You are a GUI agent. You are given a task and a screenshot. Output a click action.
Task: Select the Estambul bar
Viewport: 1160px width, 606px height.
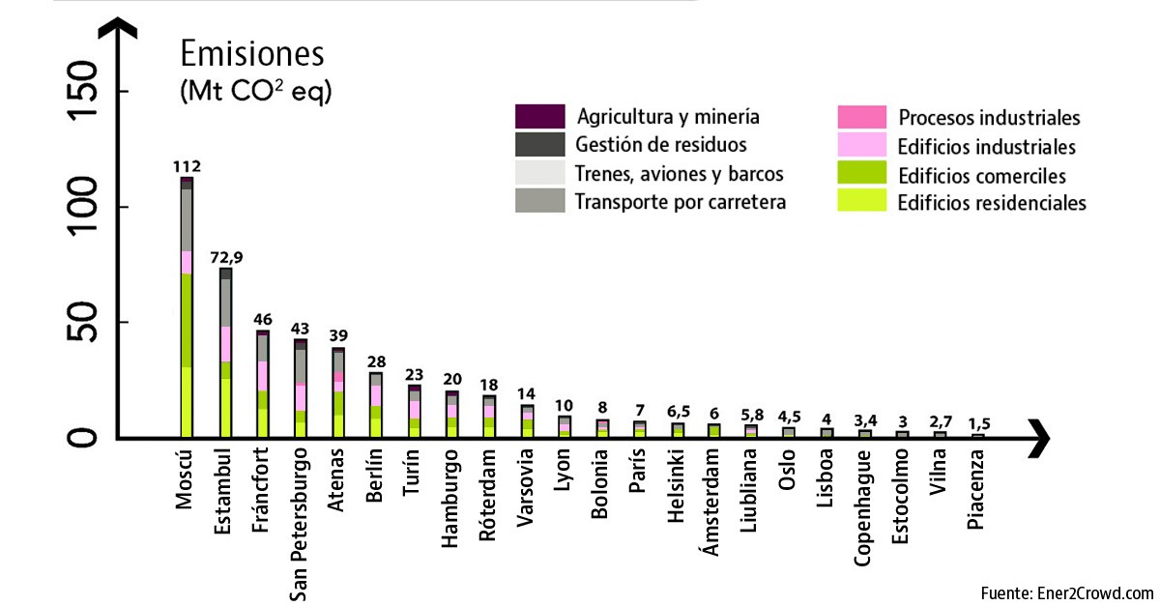[225, 353]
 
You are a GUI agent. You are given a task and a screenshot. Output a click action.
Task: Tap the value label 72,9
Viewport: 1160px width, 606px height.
[225, 257]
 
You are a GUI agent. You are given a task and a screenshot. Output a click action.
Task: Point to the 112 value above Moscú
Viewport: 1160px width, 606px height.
[186, 166]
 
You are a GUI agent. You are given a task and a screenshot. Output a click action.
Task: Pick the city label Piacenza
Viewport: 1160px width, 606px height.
[977, 493]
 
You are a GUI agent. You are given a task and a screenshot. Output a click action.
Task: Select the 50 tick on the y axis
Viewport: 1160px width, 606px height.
[86, 323]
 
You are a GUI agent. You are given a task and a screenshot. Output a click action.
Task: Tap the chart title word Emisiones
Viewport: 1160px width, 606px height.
[252, 53]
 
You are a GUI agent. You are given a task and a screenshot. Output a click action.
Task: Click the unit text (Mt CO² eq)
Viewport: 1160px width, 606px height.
[255, 93]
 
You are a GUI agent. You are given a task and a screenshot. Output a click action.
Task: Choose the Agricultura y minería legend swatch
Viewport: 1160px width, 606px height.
[539, 117]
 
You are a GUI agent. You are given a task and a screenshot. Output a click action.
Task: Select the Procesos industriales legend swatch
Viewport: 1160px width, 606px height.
[861, 117]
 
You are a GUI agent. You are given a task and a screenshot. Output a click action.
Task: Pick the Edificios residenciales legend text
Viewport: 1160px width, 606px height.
[992, 203]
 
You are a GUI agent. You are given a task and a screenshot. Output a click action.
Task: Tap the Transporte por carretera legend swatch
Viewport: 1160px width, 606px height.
[539, 201]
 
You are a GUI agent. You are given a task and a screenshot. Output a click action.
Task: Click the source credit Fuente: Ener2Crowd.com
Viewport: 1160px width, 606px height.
[1067, 592]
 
